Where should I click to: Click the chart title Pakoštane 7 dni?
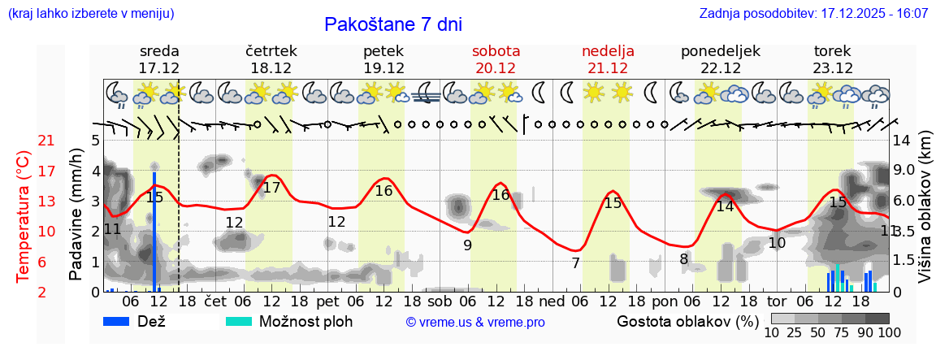click(392, 24)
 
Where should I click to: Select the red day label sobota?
click(496, 51)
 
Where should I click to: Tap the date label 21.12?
click(608, 68)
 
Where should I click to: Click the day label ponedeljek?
click(720, 51)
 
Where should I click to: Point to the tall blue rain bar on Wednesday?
click(154, 232)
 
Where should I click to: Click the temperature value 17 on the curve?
click(271, 188)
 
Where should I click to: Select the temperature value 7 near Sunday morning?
click(575, 263)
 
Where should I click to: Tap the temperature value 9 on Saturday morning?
click(467, 245)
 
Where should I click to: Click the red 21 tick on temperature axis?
click(24, 141)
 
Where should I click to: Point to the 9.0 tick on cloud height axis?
click(904, 171)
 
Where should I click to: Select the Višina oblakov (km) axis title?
click(925, 217)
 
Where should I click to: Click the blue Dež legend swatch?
click(121, 321)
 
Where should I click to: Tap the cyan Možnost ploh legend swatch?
click(240, 321)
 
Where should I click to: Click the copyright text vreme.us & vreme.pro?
click(475, 323)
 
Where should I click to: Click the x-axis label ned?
click(552, 301)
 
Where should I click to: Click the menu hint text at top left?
click(90, 14)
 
